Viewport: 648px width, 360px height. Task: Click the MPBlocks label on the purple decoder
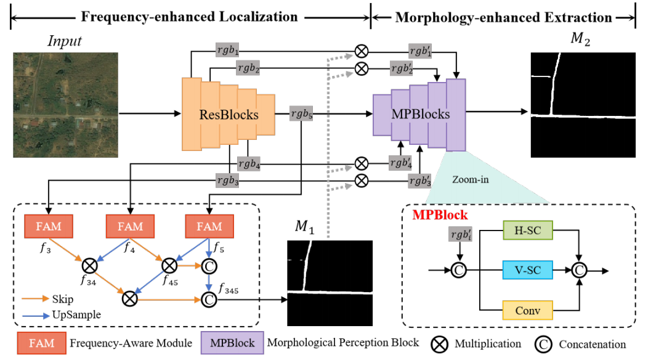(421, 114)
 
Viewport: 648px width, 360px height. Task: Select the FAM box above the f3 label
(49, 226)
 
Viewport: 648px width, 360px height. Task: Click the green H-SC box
(527, 231)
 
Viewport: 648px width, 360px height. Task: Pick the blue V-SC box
(527, 270)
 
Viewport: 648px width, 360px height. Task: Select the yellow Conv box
(527, 311)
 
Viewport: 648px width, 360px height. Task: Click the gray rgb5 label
(302, 113)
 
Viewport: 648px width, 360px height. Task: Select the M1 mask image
(330, 282)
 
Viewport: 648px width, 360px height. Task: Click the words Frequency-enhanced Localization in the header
(190, 17)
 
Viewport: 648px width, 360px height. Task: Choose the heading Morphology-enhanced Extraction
(503, 17)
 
